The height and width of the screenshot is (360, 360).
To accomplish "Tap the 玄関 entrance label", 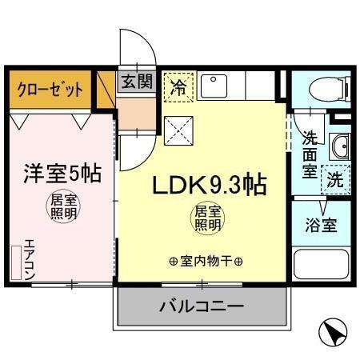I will pos(138,82).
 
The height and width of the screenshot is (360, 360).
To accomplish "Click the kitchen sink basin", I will pos(214,83).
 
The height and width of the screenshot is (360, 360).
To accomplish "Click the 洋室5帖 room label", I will pos(60,173).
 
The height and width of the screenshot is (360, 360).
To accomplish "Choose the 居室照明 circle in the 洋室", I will pos(61,207).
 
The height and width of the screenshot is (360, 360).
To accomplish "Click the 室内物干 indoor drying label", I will pos(206,261).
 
